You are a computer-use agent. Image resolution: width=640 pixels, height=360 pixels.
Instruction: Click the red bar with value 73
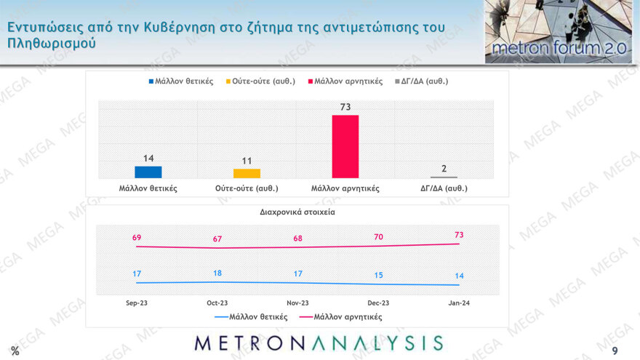click(x=345, y=146)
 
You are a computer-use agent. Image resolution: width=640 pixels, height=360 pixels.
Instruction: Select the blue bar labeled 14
click(x=148, y=172)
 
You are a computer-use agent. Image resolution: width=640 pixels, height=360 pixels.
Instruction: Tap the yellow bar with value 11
click(x=247, y=173)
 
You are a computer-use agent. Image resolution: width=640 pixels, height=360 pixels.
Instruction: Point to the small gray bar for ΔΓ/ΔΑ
click(x=444, y=177)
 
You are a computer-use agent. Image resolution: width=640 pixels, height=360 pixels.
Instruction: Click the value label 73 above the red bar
click(x=345, y=108)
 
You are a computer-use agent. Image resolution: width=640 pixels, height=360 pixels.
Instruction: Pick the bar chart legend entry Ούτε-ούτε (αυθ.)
click(x=263, y=81)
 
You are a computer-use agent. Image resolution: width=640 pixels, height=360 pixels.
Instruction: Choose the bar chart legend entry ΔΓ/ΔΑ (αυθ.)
click(x=421, y=81)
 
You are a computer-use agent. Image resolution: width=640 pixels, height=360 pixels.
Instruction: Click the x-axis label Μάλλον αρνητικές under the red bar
click(x=345, y=188)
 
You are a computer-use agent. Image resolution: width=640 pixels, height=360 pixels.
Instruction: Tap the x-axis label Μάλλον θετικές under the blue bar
click(x=148, y=188)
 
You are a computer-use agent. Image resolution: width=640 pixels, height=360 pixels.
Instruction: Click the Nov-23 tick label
click(x=297, y=303)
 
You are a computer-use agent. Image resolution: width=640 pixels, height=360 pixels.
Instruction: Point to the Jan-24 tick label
click(x=459, y=303)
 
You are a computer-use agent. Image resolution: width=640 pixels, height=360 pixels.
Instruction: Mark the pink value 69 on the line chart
click(x=136, y=238)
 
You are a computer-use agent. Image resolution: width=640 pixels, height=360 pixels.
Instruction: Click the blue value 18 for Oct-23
click(x=217, y=273)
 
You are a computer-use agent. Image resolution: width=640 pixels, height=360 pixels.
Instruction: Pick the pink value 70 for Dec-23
click(x=378, y=236)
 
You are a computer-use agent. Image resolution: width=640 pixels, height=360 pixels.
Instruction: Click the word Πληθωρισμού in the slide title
click(x=50, y=44)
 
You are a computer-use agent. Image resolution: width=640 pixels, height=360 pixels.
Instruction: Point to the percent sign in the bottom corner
click(x=15, y=351)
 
